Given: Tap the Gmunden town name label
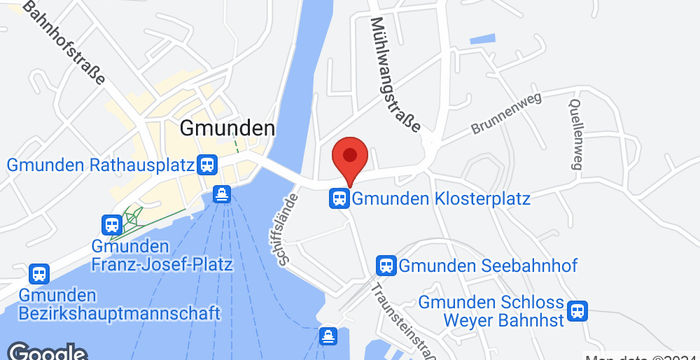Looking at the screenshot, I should click(x=227, y=128).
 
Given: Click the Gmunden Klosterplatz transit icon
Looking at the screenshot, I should click(x=340, y=199).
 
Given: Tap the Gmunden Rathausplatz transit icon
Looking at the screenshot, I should click(x=208, y=164).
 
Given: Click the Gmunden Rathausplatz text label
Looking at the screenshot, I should click(x=99, y=164).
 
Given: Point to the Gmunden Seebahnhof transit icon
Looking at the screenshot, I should click(x=385, y=265).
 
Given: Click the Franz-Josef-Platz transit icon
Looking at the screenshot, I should click(x=112, y=226).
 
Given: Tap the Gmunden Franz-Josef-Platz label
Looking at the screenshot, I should click(x=161, y=256).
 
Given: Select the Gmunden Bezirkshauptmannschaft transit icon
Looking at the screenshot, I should click(x=39, y=273).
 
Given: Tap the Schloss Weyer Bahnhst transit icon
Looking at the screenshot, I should click(x=577, y=311).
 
